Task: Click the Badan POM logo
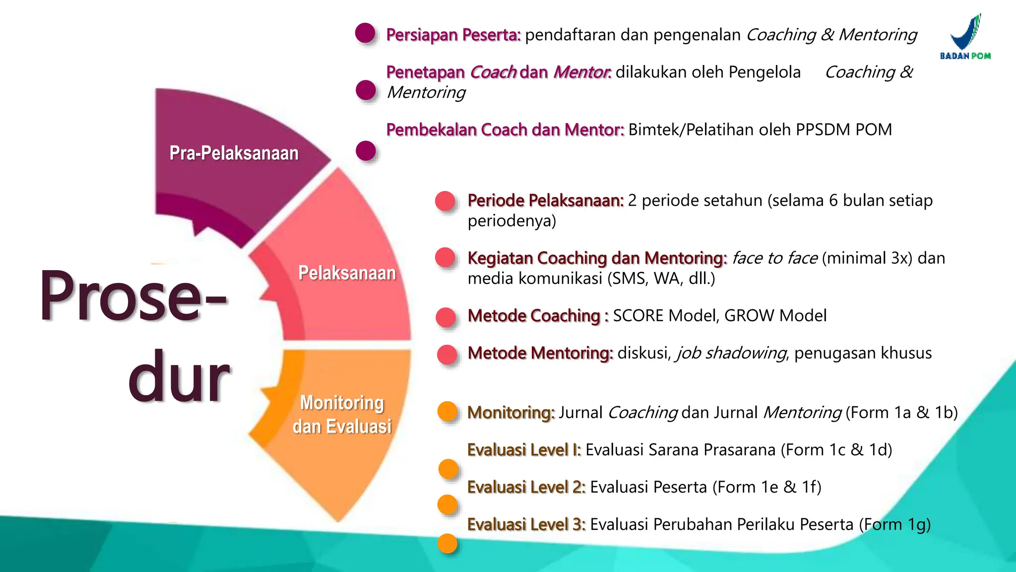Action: click(965, 37)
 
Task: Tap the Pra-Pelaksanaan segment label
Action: click(234, 153)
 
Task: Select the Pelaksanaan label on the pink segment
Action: click(347, 273)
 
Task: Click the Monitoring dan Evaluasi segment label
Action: click(342, 415)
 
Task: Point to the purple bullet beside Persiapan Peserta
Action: click(365, 33)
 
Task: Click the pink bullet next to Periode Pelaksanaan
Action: click(445, 201)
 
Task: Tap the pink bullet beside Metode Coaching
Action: click(445, 317)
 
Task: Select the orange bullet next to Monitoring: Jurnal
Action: click(447, 411)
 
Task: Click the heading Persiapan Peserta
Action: click(453, 35)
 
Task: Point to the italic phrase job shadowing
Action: click(731, 353)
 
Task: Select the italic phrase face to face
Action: click(774, 258)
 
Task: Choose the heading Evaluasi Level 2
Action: click(526, 487)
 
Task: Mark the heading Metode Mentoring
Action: click(540, 353)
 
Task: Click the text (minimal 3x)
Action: click(867, 258)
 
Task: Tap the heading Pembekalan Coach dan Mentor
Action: click(505, 130)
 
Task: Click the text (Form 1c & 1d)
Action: click(836, 450)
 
